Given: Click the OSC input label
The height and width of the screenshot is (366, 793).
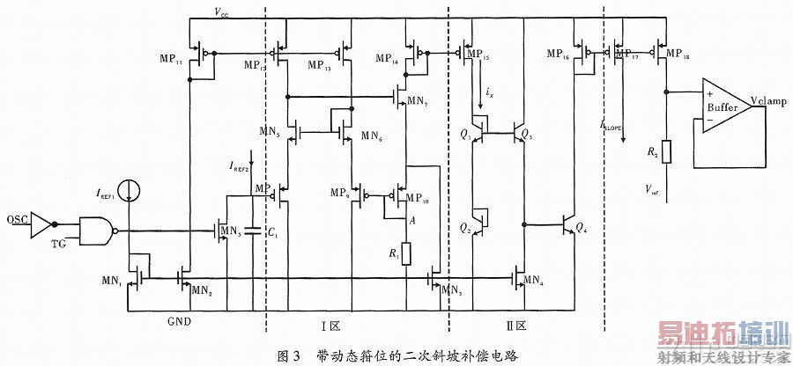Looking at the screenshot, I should (x=16, y=218).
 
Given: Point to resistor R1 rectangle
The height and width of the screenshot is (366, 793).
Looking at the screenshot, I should (x=406, y=255).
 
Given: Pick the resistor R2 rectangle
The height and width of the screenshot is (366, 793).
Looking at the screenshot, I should (x=666, y=152).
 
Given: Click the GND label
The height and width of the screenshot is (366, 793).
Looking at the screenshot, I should (x=179, y=322).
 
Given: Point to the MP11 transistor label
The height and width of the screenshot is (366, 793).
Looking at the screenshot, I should (x=174, y=62).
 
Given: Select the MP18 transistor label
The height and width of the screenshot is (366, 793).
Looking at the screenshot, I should (x=678, y=55).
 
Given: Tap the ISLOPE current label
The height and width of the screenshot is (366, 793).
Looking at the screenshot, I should (x=611, y=127).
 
